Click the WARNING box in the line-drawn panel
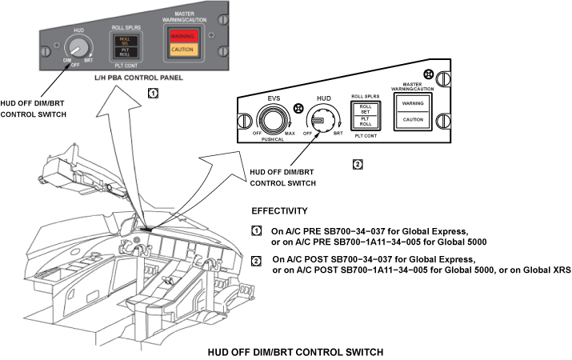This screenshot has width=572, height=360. click(x=413, y=103)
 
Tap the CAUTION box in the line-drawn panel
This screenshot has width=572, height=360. click(x=413, y=119)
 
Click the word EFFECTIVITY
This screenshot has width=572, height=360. click(x=279, y=212)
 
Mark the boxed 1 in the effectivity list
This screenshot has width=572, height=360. click(x=257, y=230)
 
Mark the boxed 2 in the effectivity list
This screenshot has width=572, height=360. click(x=257, y=260)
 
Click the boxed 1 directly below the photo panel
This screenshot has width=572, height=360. click(x=153, y=93)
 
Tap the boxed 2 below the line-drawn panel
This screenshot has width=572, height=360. click(x=358, y=164)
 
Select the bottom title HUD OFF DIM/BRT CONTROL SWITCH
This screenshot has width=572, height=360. click(x=296, y=351)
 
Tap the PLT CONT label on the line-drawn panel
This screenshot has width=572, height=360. click(x=365, y=136)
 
